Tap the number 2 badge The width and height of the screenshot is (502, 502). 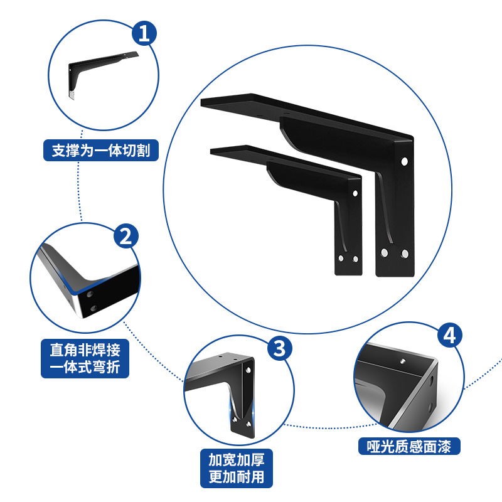click(x=125, y=236)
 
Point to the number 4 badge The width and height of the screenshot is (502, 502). click(x=449, y=336)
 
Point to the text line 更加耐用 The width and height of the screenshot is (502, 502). click(x=237, y=476)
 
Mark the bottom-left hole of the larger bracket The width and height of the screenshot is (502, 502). click(x=385, y=253)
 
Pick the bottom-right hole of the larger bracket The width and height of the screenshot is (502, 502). click(x=405, y=253)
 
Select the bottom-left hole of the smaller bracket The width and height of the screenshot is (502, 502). click(x=341, y=259)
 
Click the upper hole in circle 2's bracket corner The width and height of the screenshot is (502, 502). click(x=91, y=294)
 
